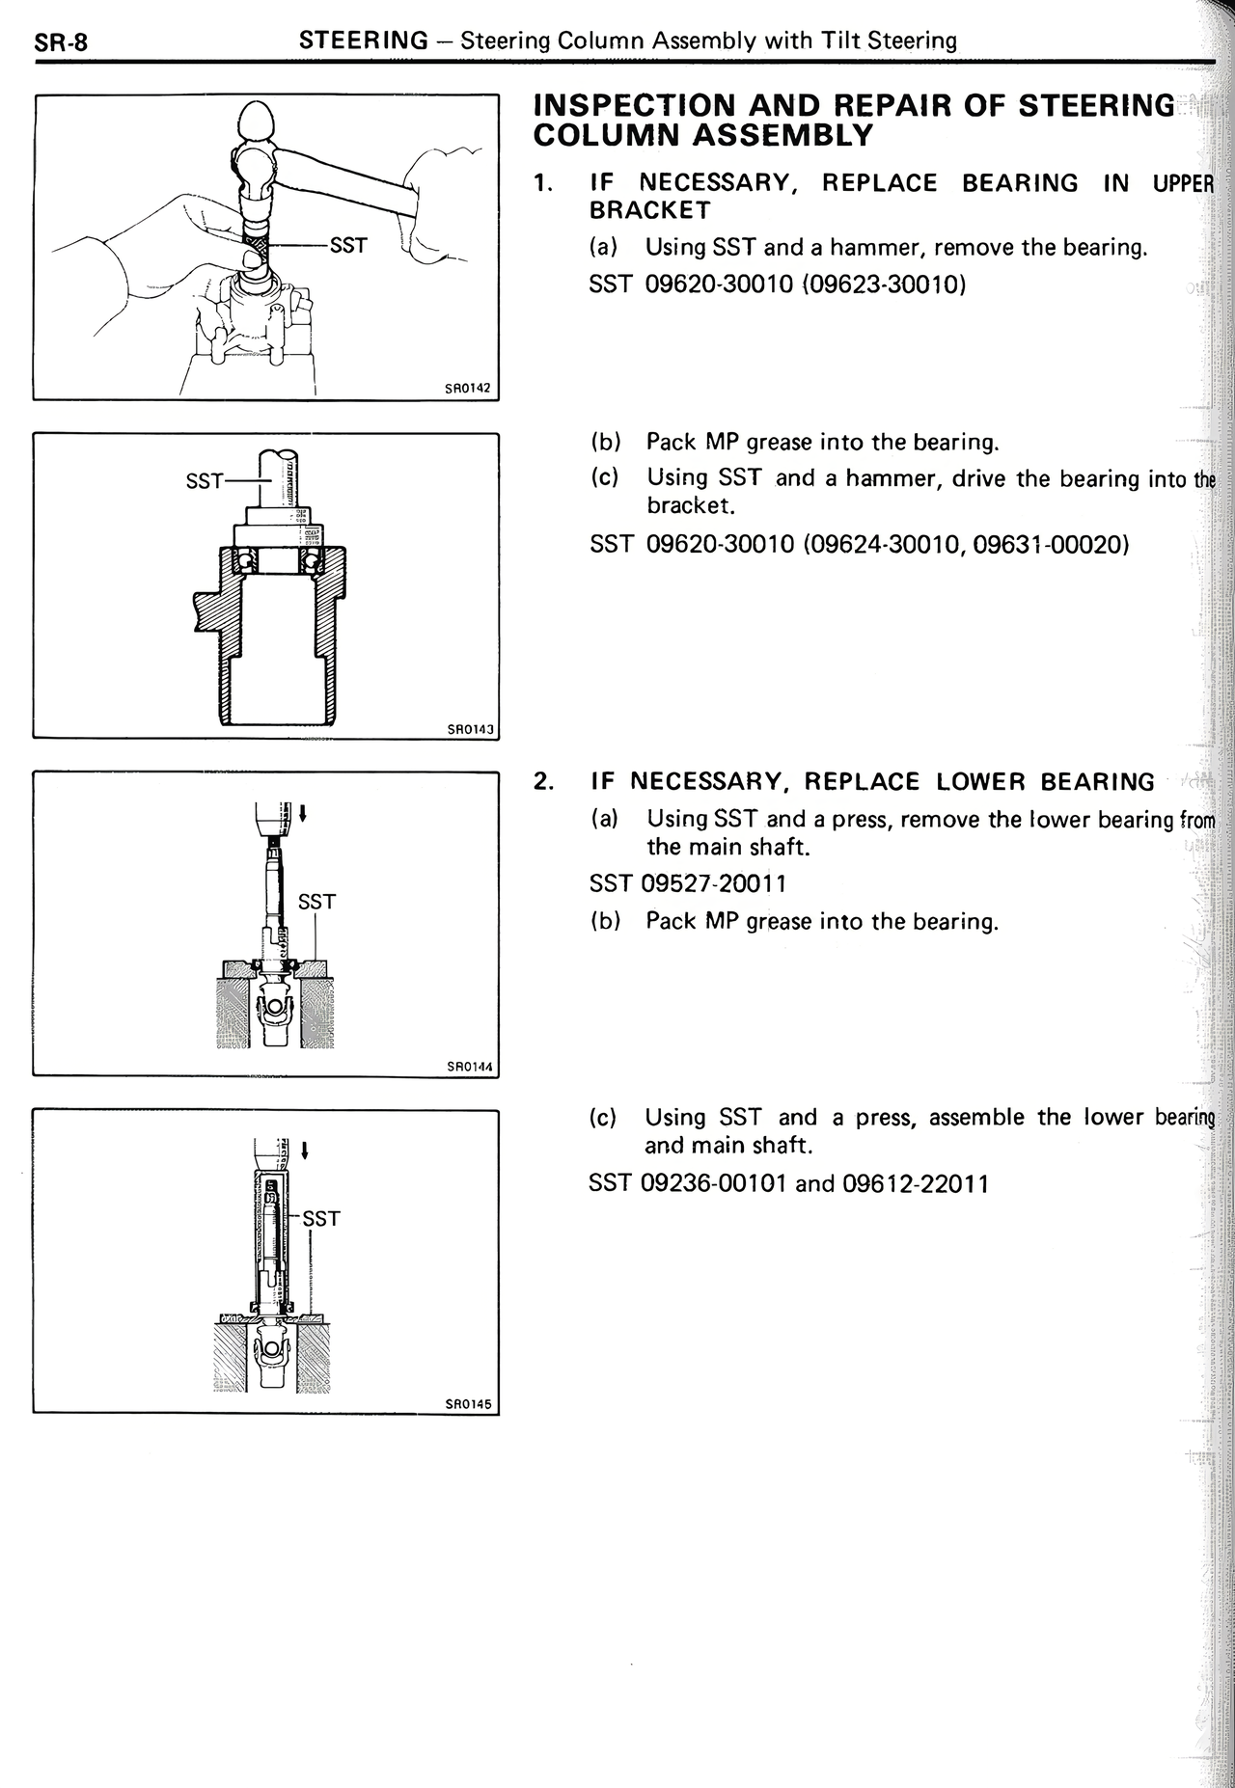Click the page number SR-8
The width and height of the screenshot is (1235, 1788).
[x=61, y=42]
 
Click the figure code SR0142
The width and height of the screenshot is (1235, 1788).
[x=468, y=389]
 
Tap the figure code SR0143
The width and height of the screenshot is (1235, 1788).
[x=470, y=729]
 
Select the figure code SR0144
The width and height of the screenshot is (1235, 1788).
[x=470, y=1067]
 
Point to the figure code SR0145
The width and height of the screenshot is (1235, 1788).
[x=469, y=1404]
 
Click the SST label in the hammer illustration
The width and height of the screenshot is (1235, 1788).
[x=348, y=246]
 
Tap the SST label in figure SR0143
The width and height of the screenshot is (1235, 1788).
[x=205, y=480]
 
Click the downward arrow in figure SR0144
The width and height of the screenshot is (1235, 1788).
[x=304, y=814]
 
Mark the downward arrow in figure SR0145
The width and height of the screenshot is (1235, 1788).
[x=305, y=1150]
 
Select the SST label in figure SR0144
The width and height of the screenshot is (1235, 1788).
[x=316, y=902]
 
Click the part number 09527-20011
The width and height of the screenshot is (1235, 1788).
[x=714, y=883]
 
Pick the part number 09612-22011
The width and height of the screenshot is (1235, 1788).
[x=916, y=1183]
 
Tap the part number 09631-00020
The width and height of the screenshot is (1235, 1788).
[x=1050, y=544]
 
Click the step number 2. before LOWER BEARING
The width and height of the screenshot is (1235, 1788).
[x=543, y=781]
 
